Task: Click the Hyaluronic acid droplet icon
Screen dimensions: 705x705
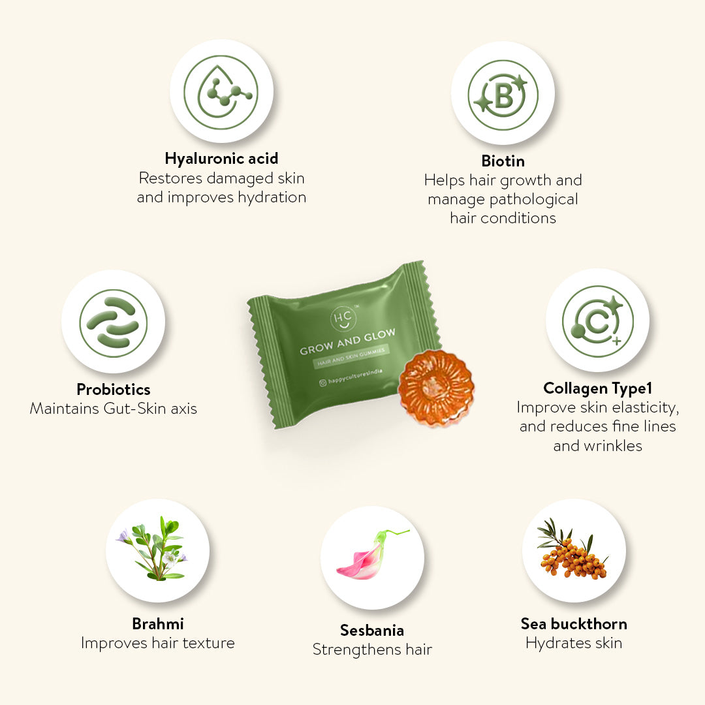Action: (x=221, y=92)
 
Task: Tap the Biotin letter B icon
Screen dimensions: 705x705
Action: (x=503, y=95)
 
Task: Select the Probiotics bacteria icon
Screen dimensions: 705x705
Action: (x=114, y=323)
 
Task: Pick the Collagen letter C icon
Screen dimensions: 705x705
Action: (x=597, y=321)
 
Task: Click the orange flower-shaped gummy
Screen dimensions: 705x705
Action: (x=435, y=388)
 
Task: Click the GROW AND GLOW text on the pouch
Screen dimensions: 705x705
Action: (x=347, y=341)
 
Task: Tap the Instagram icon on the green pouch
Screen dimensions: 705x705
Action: (x=323, y=383)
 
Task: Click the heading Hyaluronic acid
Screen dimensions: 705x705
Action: (x=222, y=159)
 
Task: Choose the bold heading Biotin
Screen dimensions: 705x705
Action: (x=503, y=161)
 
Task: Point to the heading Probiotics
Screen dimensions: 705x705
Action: (x=114, y=389)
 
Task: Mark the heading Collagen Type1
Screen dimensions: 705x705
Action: (x=597, y=388)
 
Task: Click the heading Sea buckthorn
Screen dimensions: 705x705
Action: (x=574, y=624)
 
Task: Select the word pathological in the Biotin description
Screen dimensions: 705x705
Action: (x=540, y=200)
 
